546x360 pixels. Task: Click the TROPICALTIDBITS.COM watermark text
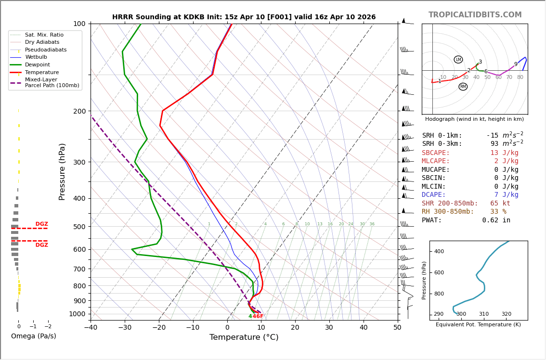coord(475,15)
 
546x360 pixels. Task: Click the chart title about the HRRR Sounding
coord(244,17)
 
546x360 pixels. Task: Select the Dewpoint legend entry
coord(38,65)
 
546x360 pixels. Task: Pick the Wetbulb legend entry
coord(37,57)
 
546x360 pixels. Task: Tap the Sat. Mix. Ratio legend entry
coord(44,35)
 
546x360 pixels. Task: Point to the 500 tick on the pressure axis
coord(79,227)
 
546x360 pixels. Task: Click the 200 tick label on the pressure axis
coord(79,111)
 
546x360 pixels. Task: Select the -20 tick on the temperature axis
coord(159,328)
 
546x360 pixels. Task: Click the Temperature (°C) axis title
coord(244,337)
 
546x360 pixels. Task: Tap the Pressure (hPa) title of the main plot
coord(63,171)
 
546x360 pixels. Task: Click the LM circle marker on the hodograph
coord(458,60)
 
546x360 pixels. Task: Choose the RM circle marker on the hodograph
coord(463,87)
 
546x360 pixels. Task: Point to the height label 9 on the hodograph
coord(516,64)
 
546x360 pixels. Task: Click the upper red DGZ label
coord(41,224)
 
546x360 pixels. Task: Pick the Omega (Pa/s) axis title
coord(33,336)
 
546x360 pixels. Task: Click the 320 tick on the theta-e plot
coord(507,314)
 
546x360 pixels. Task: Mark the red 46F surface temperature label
coord(258,316)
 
